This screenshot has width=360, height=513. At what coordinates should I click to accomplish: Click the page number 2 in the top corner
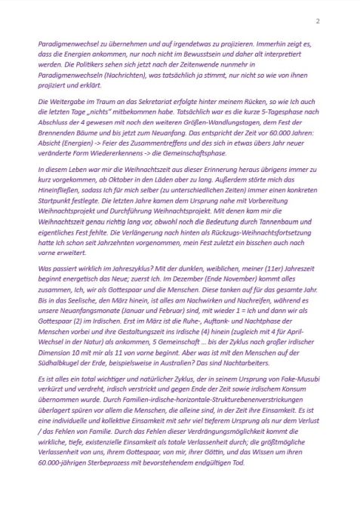coord(318,20)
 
